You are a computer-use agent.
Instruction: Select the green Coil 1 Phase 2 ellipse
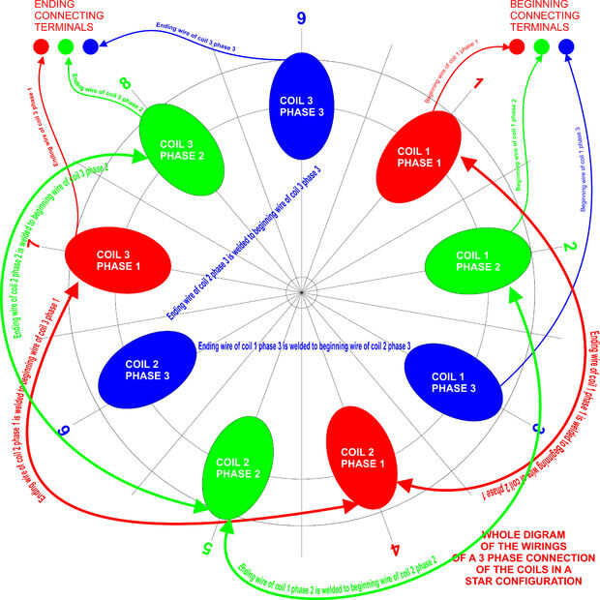(479, 260)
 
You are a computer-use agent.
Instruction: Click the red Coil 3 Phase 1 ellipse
(118, 260)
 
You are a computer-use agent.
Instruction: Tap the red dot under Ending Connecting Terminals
(41, 46)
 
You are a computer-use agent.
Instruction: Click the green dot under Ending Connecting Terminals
(66, 46)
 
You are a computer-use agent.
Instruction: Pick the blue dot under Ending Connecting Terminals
(90, 46)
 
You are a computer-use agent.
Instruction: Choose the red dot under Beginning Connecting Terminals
(517, 45)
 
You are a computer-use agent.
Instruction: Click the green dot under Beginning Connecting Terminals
(541, 45)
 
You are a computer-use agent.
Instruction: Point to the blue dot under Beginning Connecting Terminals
(566, 45)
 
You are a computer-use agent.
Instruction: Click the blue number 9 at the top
(301, 16)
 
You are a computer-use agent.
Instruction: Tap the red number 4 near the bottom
(395, 549)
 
